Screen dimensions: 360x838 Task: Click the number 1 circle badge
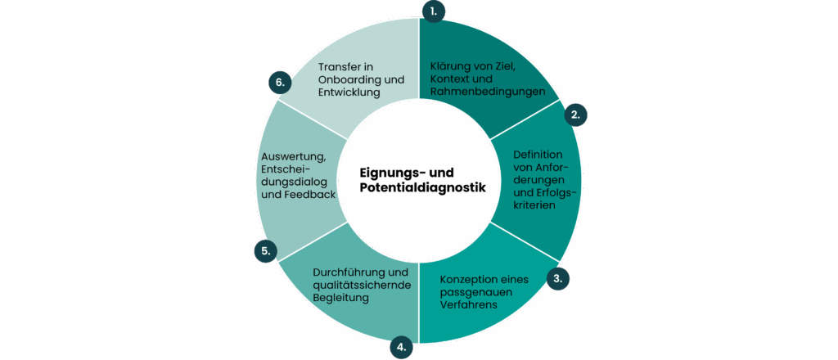(433, 11)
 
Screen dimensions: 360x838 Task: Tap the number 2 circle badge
(575, 115)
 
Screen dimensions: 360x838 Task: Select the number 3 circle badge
(558, 278)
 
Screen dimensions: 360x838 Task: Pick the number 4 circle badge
(401, 347)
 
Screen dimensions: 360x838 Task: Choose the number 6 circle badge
(280, 83)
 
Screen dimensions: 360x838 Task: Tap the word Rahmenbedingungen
(488, 92)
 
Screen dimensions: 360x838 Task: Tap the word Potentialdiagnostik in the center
(422, 187)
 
